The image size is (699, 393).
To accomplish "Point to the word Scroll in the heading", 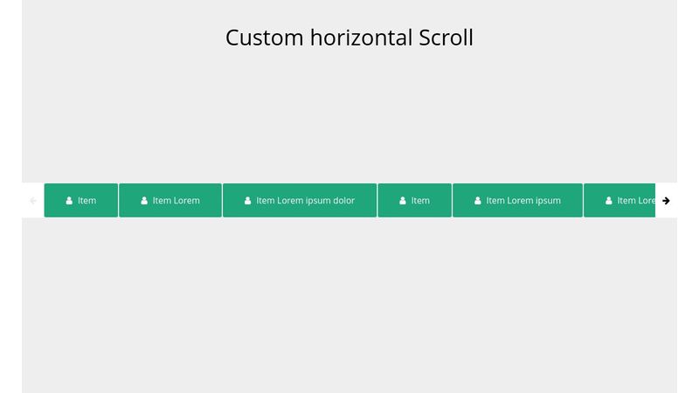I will (446, 38).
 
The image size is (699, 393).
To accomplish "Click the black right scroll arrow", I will (666, 201).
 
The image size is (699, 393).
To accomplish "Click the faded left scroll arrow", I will (33, 201).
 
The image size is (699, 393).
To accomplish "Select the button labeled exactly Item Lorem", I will (170, 201).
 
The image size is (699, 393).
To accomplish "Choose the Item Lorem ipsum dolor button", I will (300, 201).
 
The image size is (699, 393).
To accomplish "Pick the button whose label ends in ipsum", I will (517, 201).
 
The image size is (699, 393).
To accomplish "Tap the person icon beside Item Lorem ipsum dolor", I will (248, 201).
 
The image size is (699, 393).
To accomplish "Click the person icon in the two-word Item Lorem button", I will (144, 201).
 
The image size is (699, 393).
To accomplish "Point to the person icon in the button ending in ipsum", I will (478, 201).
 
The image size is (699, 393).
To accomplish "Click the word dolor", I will (343, 201).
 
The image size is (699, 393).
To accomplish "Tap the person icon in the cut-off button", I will (609, 201).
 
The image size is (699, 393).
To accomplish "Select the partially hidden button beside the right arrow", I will (620, 201).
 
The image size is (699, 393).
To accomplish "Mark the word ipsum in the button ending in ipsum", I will (548, 201).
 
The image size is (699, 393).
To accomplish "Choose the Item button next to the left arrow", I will (81, 201).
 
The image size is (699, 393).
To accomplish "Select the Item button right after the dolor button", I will (414, 201).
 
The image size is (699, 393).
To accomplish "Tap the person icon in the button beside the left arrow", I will (69, 201).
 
